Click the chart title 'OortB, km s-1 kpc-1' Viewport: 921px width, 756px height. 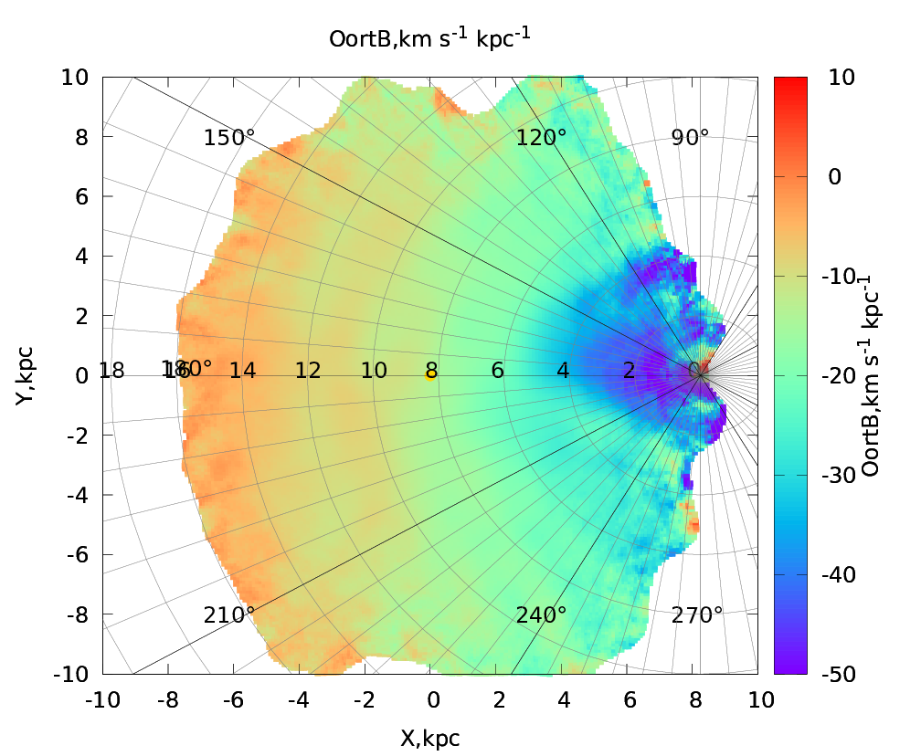pos(430,38)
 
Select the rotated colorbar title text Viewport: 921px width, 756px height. pos(872,375)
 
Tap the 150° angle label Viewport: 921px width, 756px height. pos(229,138)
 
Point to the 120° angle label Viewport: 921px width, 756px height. pos(541,138)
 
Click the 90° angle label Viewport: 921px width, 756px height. pos(690,138)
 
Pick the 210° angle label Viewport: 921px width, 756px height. pos(229,614)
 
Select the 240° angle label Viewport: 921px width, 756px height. pos(541,614)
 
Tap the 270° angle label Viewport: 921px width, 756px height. pos(697,614)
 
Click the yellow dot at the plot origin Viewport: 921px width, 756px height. pos(430,374)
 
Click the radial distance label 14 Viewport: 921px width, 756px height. pos(242,371)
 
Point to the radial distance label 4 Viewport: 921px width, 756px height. pos(563,371)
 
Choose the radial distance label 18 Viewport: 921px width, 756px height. pos(111,371)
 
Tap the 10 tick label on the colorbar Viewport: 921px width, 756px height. pos(842,78)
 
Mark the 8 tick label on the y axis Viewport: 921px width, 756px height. pos(80,137)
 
